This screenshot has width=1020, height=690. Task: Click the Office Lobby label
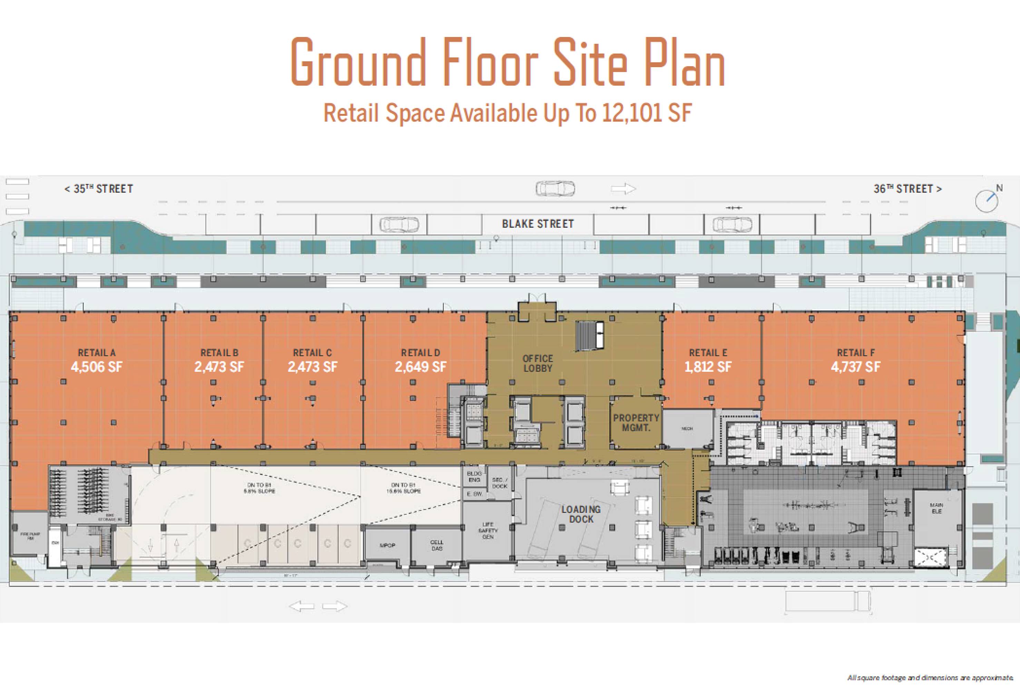(538, 363)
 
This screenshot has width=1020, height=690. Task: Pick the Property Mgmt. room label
(636, 422)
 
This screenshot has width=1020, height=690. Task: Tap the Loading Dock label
(581, 514)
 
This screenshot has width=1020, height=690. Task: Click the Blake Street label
(538, 224)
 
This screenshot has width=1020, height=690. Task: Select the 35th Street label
(99, 189)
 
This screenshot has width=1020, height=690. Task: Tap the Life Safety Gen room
(488, 530)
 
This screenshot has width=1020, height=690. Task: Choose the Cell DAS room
(437, 545)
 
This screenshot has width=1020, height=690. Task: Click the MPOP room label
(388, 545)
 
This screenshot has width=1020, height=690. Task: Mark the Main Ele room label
(936, 508)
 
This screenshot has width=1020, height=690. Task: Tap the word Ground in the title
(358, 62)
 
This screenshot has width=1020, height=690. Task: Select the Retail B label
(219, 353)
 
